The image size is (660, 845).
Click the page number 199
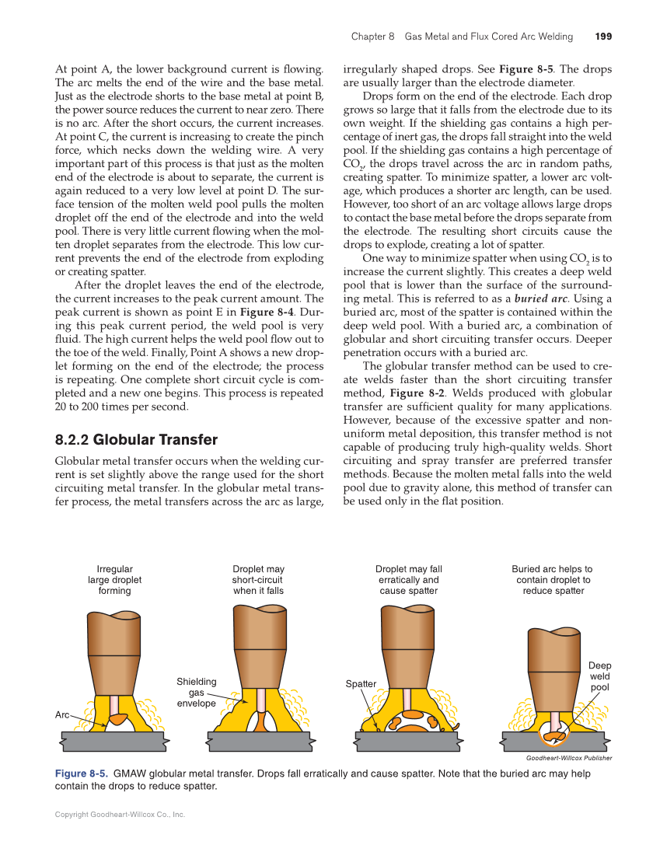click(x=603, y=37)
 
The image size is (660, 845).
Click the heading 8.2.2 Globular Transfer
click(x=136, y=440)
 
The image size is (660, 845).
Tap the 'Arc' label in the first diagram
click(x=62, y=714)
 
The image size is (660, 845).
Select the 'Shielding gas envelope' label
click(x=197, y=693)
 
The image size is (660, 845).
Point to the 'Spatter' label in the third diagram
click(x=361, y=684)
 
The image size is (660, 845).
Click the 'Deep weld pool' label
click(x=599, y=676)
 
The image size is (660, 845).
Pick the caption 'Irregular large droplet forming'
click(x=114, y=580)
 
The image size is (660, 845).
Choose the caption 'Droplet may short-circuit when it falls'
click(x=258, y=580)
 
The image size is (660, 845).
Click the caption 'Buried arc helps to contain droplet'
click(x=553, y=580)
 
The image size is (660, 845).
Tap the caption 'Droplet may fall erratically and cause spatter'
click(x=408, y=580)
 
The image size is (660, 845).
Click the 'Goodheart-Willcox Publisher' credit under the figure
click(x=568, y=758)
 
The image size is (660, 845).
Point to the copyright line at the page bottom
click(x=120, y=815)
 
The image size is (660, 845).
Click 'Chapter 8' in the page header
click(x=373, y=37)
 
